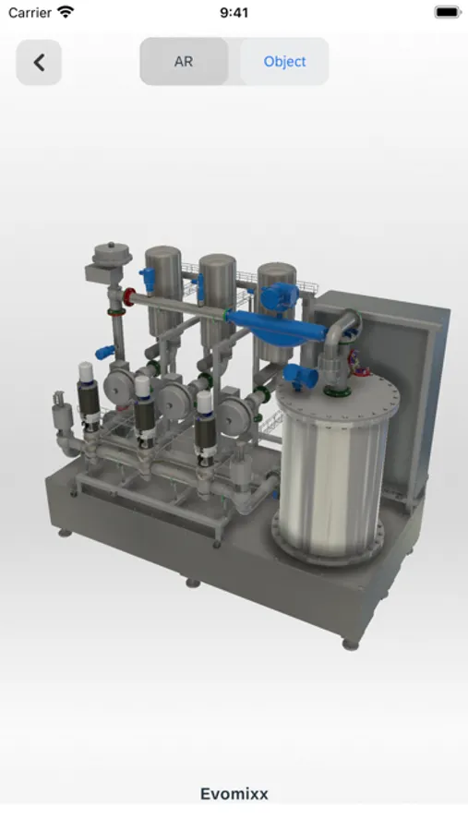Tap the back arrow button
point(39,62)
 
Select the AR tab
point(184,62)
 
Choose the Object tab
point(284,62)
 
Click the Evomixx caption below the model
point(234,794)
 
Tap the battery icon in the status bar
point(448,12)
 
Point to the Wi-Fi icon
point(66,12)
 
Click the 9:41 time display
point(234,12)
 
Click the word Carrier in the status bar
point(30,12)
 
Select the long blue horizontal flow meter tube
point(276,325)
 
